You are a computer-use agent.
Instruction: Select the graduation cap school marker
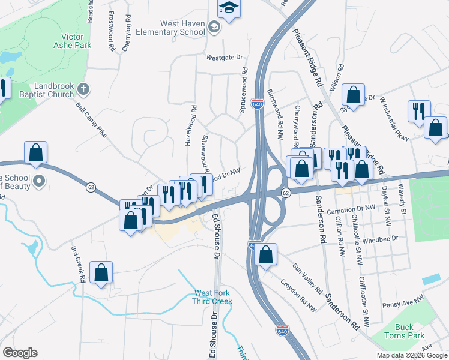point(228,8)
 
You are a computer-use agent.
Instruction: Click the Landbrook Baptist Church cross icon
point(83,89)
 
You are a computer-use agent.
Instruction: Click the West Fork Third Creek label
point(211,296)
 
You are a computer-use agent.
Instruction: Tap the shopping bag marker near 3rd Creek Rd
point(101,271)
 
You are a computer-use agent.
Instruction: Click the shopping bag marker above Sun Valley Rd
point(265,254)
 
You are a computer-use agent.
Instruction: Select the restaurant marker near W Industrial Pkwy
point(418,112)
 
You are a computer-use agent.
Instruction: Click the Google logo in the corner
point(20,353)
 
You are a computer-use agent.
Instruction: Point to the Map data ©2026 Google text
point(412,355)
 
